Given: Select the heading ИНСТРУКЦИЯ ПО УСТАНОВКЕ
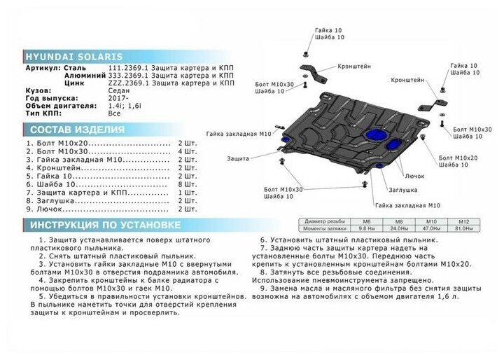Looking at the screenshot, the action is pos(103,226).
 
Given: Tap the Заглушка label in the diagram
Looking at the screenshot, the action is pos(401,189).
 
